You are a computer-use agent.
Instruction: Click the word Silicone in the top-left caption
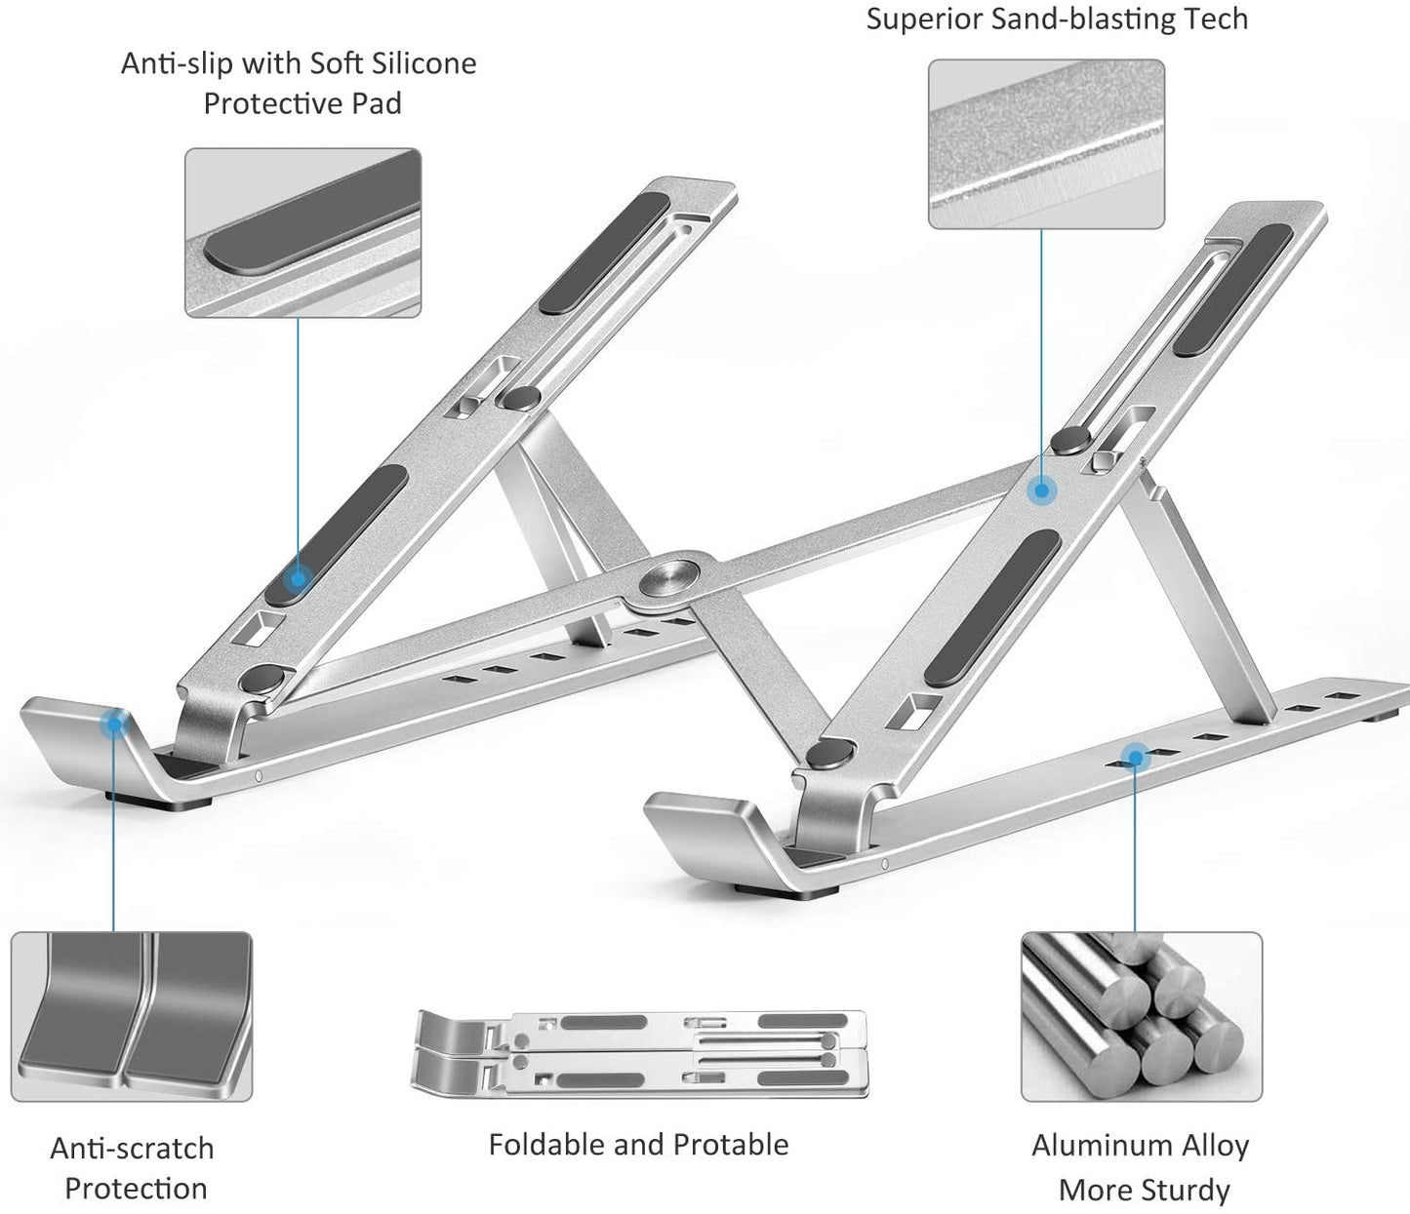[420, 63]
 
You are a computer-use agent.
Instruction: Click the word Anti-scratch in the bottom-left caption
[132, 1148]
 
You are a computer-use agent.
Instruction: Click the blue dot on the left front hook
[115, 723]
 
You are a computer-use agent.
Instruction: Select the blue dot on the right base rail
[1134, 756]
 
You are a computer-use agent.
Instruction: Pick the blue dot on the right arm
[1042, 490]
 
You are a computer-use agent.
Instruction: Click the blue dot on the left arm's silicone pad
[299, 578]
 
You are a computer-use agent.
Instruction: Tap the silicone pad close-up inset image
[302, 233]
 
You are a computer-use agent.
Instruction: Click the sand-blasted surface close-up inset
[1046, 144]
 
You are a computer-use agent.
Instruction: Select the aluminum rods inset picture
[1142, 1016]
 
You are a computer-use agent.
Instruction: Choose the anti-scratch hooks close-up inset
[132, 1016]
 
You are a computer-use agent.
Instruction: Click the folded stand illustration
[640, 1053]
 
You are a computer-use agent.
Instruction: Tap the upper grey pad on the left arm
[605, 254]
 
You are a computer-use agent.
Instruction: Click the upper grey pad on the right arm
[1233, 290]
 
